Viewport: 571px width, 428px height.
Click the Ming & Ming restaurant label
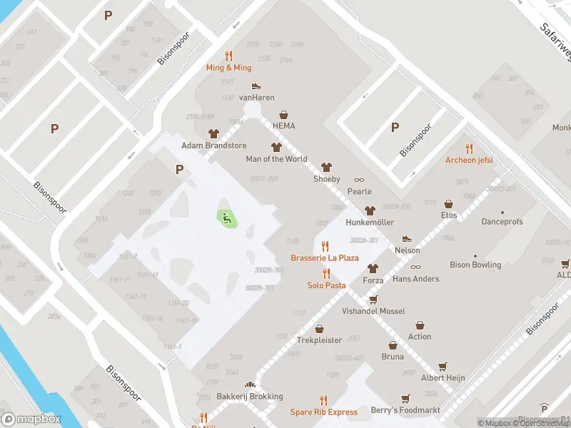228,68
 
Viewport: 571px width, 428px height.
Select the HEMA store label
283,126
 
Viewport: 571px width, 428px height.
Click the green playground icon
227,219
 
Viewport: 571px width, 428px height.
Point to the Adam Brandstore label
213,146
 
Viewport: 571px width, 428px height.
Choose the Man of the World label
276,159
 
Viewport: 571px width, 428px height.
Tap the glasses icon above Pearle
359,180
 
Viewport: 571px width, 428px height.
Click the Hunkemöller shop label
369,223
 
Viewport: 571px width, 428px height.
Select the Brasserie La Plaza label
325,258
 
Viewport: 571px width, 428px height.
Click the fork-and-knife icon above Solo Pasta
326,273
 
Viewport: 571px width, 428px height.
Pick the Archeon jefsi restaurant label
469,160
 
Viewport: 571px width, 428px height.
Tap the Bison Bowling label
475,265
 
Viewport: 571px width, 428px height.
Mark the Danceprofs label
502,223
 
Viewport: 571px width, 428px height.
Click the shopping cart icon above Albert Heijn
443,366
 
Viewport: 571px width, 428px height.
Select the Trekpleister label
319,340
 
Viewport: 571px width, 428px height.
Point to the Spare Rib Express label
323,412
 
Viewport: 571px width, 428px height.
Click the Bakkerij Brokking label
250,397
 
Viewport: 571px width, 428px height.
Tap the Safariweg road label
555,41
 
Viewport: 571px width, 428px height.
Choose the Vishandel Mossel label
373,312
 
